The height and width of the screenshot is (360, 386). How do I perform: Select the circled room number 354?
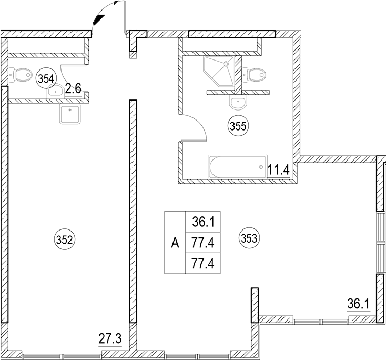point(46,79)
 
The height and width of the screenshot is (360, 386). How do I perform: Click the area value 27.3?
point(110,339)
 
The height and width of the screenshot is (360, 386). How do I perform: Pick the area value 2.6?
point(73,88)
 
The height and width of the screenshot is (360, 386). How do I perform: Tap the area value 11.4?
point(278,170)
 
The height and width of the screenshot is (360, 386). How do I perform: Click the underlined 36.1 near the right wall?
point(359,304)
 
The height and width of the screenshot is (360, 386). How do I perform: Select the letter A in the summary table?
point(175,244)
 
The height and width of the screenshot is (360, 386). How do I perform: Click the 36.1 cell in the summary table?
point(204,222)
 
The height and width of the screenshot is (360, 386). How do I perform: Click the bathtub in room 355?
point(238,166)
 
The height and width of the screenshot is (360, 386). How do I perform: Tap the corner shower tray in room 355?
point(218,71)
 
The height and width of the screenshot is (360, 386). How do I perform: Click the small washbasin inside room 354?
point(55,91)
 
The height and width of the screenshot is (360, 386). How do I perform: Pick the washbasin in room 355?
point(238,102)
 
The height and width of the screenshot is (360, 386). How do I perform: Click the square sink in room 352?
point(70,114)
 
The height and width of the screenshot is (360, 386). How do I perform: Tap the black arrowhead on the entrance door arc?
point(99,19)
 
